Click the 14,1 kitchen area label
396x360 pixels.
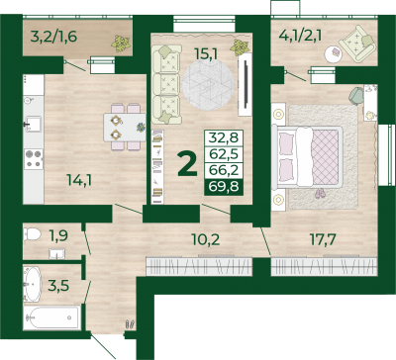(79, 180)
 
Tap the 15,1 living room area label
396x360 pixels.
(206, 54)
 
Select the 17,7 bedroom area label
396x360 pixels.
(323, 239)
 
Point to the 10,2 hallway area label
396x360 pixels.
(206, 239)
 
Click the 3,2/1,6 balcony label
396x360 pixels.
(53, 37)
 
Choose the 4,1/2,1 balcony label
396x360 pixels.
(300, 36)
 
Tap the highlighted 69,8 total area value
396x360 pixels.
(224, 187)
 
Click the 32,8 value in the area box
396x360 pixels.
(224, 137)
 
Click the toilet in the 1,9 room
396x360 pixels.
(32, 234)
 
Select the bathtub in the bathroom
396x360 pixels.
(51, 317)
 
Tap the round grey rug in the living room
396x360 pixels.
(208, 85)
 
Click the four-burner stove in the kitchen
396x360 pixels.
(34, 158)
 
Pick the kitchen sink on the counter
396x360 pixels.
(33, 124)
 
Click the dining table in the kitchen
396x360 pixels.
(125, 128)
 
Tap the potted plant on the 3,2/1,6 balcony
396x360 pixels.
(121, 44)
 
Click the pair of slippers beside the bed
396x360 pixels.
(319, 194)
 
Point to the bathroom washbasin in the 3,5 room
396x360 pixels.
(33, 284)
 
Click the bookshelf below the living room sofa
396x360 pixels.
(157, 166)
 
